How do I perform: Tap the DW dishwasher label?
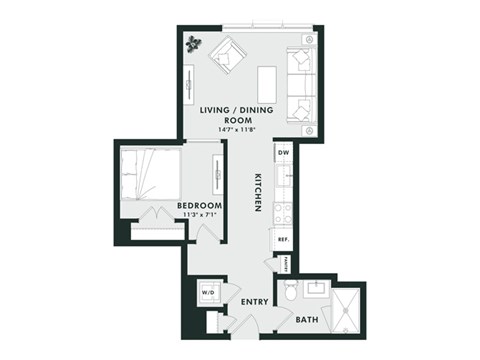(x=284, y=152)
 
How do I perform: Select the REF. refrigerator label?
(x=284, y=240)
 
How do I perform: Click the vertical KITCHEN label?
(x=257, y=190)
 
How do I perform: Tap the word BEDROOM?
(x=199, y=207)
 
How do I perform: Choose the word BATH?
(x=308, y=320)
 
